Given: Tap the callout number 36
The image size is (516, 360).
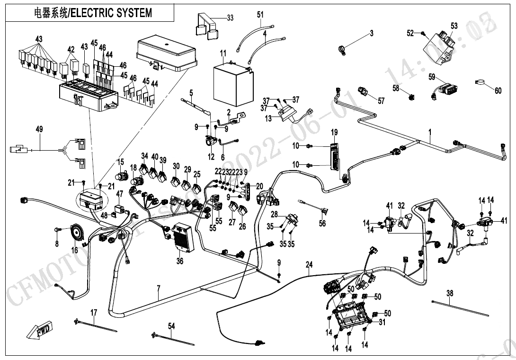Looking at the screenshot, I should [180, 261].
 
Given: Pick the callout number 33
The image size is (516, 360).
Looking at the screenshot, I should [230, 18].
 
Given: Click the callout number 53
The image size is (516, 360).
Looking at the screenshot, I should [454, 27].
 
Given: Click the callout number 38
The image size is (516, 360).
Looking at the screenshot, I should [450, 293].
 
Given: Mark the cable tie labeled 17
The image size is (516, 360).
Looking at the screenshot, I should [95, 326].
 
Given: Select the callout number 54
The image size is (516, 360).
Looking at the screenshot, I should [171, 326].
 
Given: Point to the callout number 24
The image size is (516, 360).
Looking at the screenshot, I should [309, 265].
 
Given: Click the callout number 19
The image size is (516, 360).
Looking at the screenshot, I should [334, 132].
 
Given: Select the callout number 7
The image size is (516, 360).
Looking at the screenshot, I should [159, 288].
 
